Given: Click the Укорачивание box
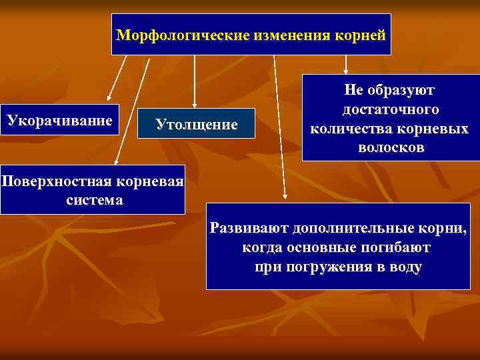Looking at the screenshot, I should [59, 121].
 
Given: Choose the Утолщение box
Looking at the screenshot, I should [196, 123].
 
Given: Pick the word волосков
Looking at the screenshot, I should [391, 146].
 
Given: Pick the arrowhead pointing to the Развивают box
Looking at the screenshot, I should [285, 196].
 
